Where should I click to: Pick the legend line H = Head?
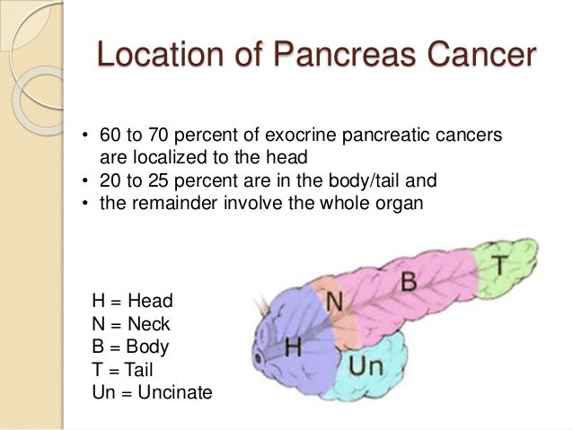click(132, 301)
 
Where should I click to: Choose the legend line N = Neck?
click(130, 323)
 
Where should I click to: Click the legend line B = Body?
click(130, 346)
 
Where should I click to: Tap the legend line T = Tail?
click(123, 368)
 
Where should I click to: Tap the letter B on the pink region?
click(409, 281)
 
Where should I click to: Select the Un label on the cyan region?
click(366, 366)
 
